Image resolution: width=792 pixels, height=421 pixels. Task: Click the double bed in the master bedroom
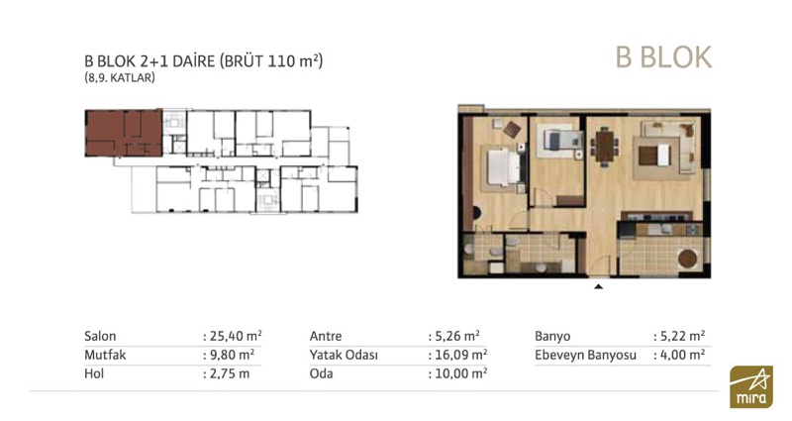(504, 166)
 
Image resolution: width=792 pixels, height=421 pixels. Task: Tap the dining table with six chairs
(604, 146)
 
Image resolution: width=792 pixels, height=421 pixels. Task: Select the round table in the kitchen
(687, 259)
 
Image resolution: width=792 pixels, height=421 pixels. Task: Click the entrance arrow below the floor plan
(599, 286)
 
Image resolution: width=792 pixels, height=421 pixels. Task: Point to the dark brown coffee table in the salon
(648, 156)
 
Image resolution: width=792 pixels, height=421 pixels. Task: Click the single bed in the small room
(558, 140)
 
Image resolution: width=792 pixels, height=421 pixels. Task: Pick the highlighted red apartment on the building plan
(123, 133)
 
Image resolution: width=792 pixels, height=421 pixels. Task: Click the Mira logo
(751, 386)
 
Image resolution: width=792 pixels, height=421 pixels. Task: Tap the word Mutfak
(105, 355)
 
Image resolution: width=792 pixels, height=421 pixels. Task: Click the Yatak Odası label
(344, 355)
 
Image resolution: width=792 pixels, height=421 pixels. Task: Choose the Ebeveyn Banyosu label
(585, 356)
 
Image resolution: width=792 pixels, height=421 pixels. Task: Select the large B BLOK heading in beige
(663, 57)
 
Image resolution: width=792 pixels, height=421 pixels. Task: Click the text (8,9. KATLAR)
(120, 78)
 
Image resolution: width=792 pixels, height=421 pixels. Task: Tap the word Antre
(326, 336)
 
